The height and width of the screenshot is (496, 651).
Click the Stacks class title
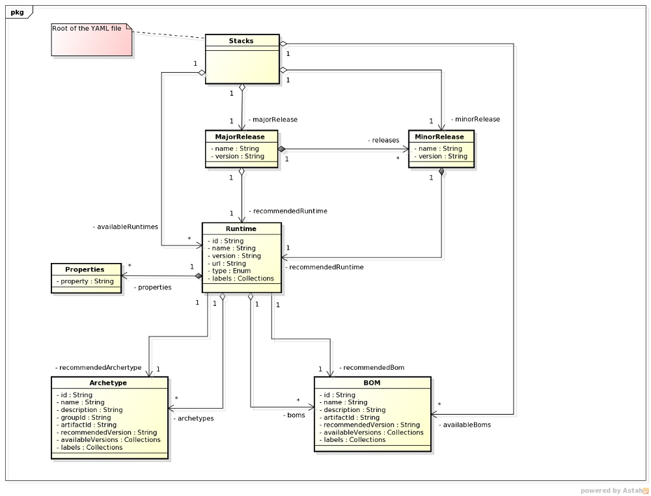[242, 41]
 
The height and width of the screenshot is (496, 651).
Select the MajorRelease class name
[240, 137]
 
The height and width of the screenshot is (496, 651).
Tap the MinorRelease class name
[441, 137]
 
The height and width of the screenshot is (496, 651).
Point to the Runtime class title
[241, 229]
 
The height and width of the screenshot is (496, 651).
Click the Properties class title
[85, 269]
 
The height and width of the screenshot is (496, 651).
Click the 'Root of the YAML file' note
[89, 29]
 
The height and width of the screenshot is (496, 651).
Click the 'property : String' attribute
[87, 281]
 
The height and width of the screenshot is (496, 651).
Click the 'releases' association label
[383, 140]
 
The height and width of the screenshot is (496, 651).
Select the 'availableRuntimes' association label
[125, 227]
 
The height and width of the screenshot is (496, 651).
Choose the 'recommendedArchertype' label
[98, 368]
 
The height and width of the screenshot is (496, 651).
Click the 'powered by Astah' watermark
[615, 491]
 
